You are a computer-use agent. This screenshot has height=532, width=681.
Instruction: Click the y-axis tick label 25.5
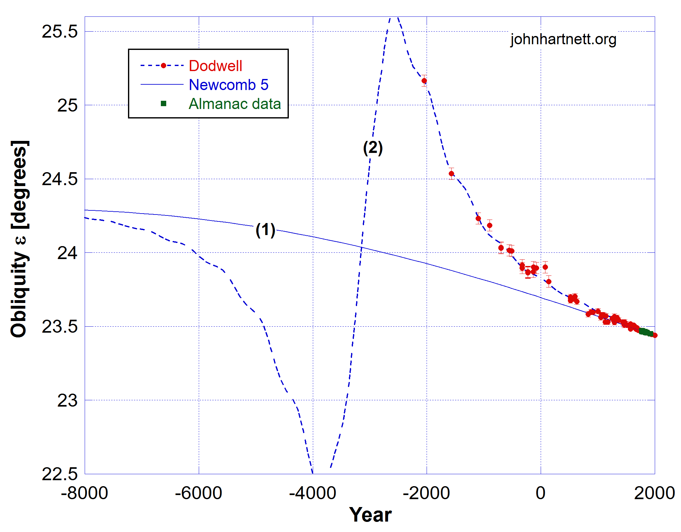pyautogui.click(x=59, y=32)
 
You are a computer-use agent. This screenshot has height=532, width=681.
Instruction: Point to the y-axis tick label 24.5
pyautogui.click(x=59, y=179)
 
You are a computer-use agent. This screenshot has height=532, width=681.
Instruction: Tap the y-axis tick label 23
pyautogui.click(x=67, y=400)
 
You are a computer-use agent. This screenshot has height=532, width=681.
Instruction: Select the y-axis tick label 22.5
pyautogui.click(x=59, y=474)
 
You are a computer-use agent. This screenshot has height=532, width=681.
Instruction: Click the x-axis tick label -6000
pyautogui.click(x=198, y=493)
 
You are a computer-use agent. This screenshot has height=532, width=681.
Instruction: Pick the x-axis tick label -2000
pyautogui.click(x=426, y=493)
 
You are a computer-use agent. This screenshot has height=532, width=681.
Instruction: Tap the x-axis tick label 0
pyautogui.click(x=540, y=493)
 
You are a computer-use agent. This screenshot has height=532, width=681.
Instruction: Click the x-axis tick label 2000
pyautogui.click(x=654, y=493)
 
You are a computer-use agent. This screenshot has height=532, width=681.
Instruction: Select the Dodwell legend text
pyautogui.click(x=215, y=66)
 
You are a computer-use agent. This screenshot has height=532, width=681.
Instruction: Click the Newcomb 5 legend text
pyautogui.click(x=228, y=85)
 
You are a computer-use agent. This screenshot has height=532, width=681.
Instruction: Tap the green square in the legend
pyautogui.click(x=163, y=104)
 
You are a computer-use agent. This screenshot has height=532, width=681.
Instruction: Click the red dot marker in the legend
pyautogui.click(x=163, y=66)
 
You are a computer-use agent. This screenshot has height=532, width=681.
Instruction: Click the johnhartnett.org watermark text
pyautogui.click(x=563, y=39)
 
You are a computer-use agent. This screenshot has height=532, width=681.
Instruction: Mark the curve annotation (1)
pyautogui.click(x=265, y=230)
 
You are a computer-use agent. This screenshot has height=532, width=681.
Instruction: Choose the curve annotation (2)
pyautogui.click(x=373, y=148)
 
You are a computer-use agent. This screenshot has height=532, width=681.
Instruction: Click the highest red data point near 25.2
pyautogui.click(x=424, y=81)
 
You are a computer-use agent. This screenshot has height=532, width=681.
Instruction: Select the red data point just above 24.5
pyautogui.click(x=451, y=173)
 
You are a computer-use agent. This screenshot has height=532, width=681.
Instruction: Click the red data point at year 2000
pyautogui.click(x=655, y=335)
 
